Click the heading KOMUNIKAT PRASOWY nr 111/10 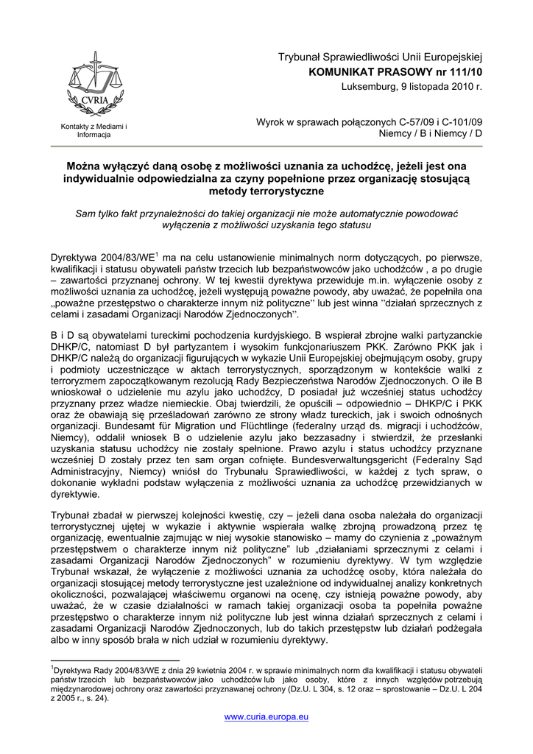coord(395,72)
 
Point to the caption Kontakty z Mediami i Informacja coord(93,131)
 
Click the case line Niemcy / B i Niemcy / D coord(430,134)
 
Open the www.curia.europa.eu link coord(266,716)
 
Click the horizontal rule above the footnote coord(115,661)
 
